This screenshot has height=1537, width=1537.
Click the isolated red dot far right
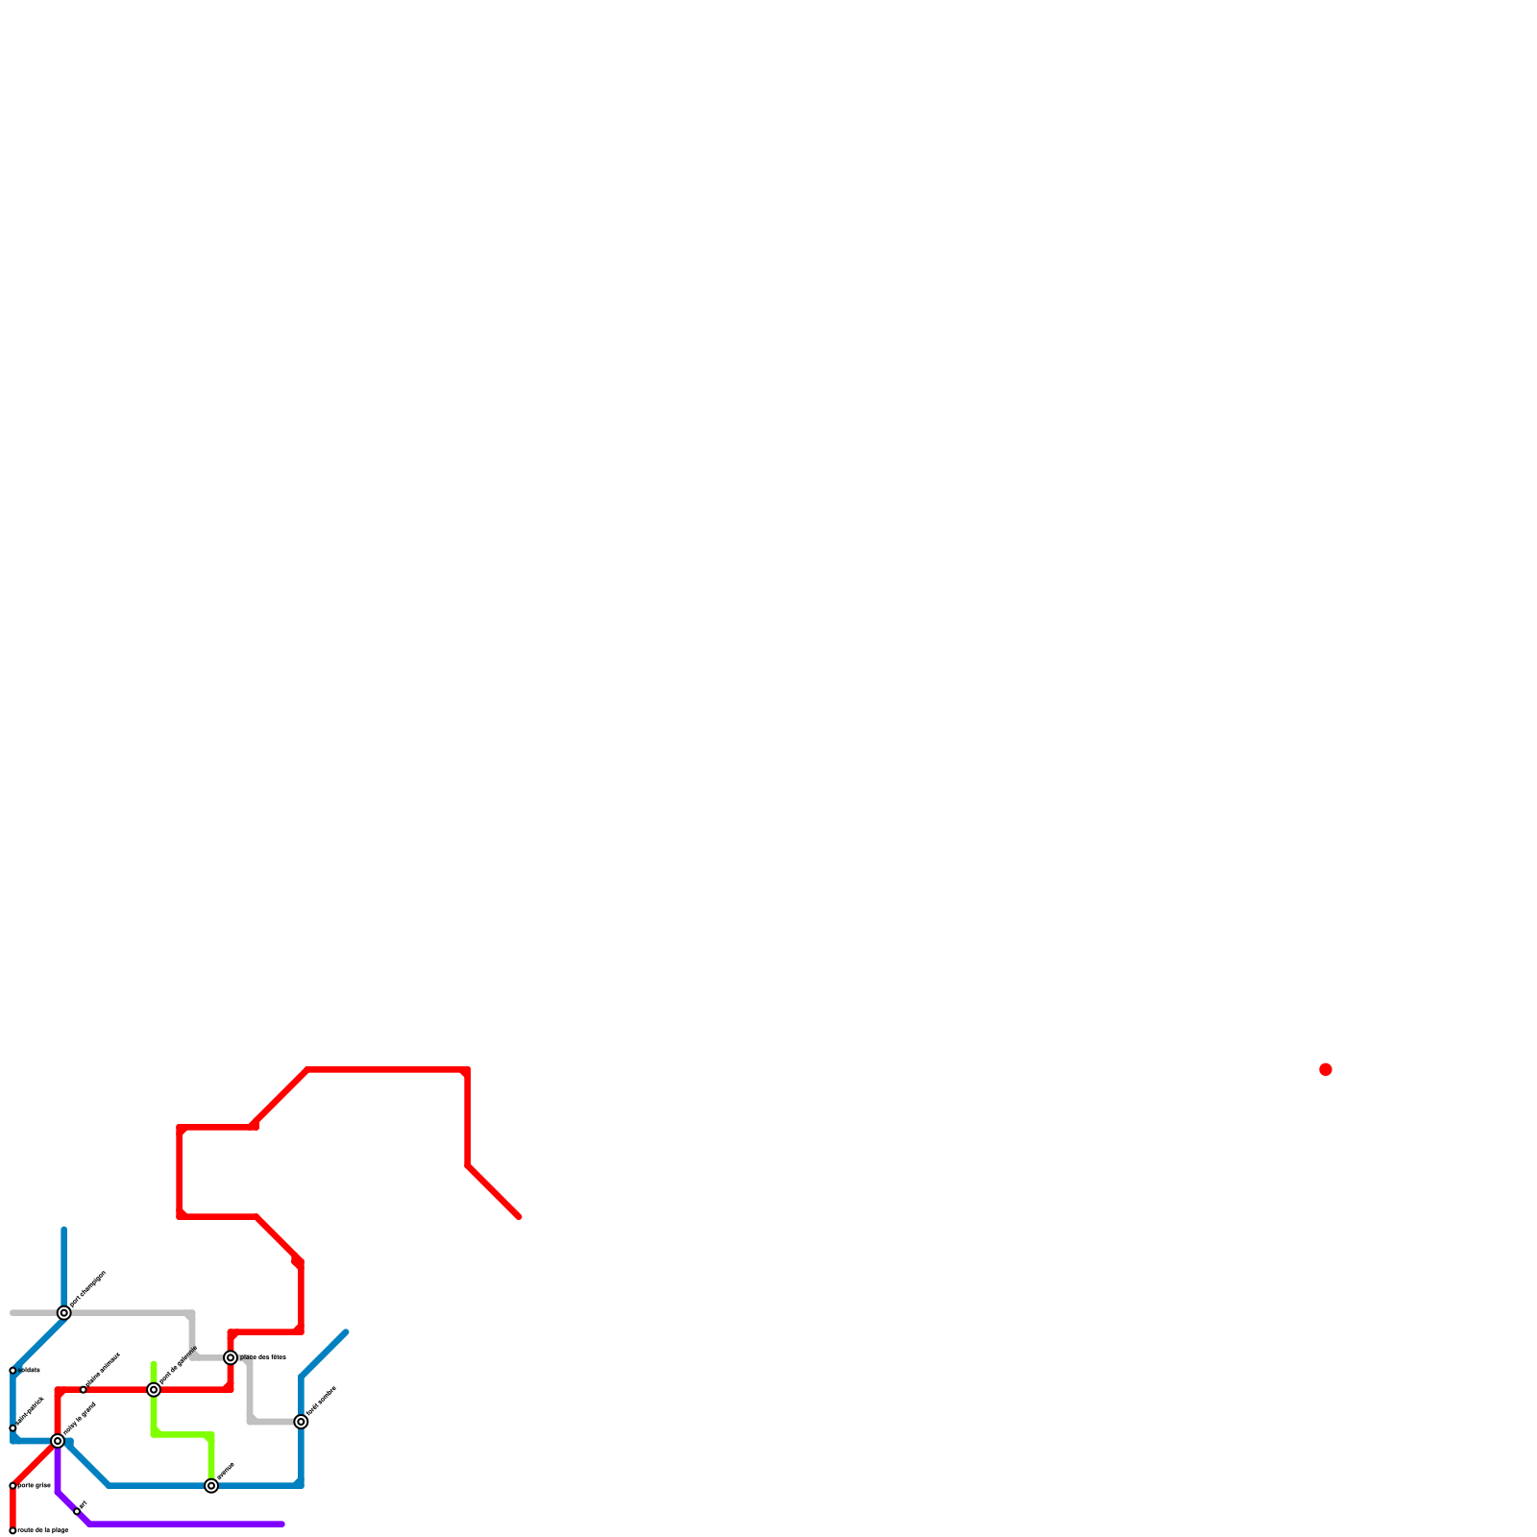[x=1326, y=1069]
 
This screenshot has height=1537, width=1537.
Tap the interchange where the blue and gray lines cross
[x=64, y=1312]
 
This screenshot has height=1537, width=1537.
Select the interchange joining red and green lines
[x=154, y=1389]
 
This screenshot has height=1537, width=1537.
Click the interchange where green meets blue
[x=211, y=1486]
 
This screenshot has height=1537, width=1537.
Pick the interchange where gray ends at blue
[x=301, y=1421]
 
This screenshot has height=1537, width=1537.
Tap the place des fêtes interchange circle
[x=231, y=1357]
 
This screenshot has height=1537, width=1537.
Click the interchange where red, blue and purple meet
[x=58, y=1441]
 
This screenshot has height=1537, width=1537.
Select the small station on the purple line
[x=77, y=1511]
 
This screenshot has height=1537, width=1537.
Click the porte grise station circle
[x=12, y=1485]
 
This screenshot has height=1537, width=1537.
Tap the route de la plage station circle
[x=12, y=1530]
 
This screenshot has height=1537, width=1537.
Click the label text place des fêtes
[x=262, y=1357]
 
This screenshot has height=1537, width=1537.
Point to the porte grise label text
[x=34, y=1485]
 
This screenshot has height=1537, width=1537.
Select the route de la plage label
[x=43, y=1530]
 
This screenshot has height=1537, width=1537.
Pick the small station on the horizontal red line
[x=84, y=1389]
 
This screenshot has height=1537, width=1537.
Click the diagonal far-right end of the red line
[x=519, y=1217]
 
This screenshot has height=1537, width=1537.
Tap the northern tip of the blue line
[x=64, y=1230]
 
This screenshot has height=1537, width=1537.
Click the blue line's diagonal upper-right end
[x=346, y=1332]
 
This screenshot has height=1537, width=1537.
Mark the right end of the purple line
[x=282, y=1524]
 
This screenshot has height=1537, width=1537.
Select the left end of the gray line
[x=12, y=1312]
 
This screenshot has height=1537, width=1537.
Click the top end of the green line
[x=154, y=1364]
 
